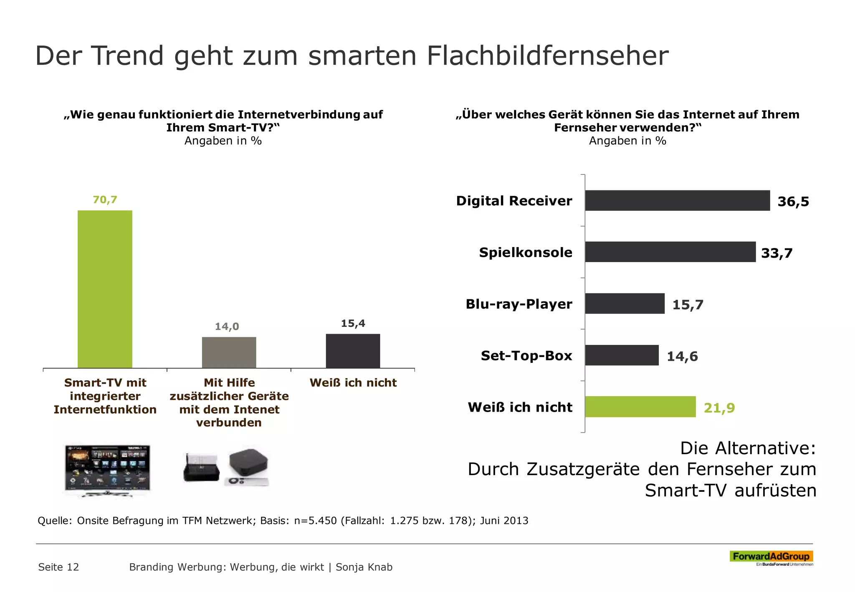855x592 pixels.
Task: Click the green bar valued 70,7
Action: tap(105, 289)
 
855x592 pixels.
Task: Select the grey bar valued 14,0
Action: tap(229, 352)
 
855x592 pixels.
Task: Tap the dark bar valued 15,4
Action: tap(353, 351)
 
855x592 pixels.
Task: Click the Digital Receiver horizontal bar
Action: tap(677, 201)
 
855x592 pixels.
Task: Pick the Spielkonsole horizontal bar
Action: tap(670, 252)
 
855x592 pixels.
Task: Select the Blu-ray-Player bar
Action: tap(625, 304)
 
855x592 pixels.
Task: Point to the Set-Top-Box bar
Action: tap(622, 355)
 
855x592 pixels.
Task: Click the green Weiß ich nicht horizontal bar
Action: tap(640, 407)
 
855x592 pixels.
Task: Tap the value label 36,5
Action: tap(793, 202)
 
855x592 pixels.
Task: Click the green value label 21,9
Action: tap(719, 408)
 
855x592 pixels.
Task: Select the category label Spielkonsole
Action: tap(525, 253)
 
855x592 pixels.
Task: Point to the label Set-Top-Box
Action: tap(526, 356)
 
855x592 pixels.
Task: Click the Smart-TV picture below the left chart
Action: tap(107, 470)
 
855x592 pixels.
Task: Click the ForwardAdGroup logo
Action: tap(771, 557)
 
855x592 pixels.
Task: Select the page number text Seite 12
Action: tap(58, 567)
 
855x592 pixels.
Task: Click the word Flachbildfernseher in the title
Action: tap(547, 56)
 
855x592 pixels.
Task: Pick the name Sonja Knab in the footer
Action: tap(364, 567)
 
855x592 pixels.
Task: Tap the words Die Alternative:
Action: tap(747, 448)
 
